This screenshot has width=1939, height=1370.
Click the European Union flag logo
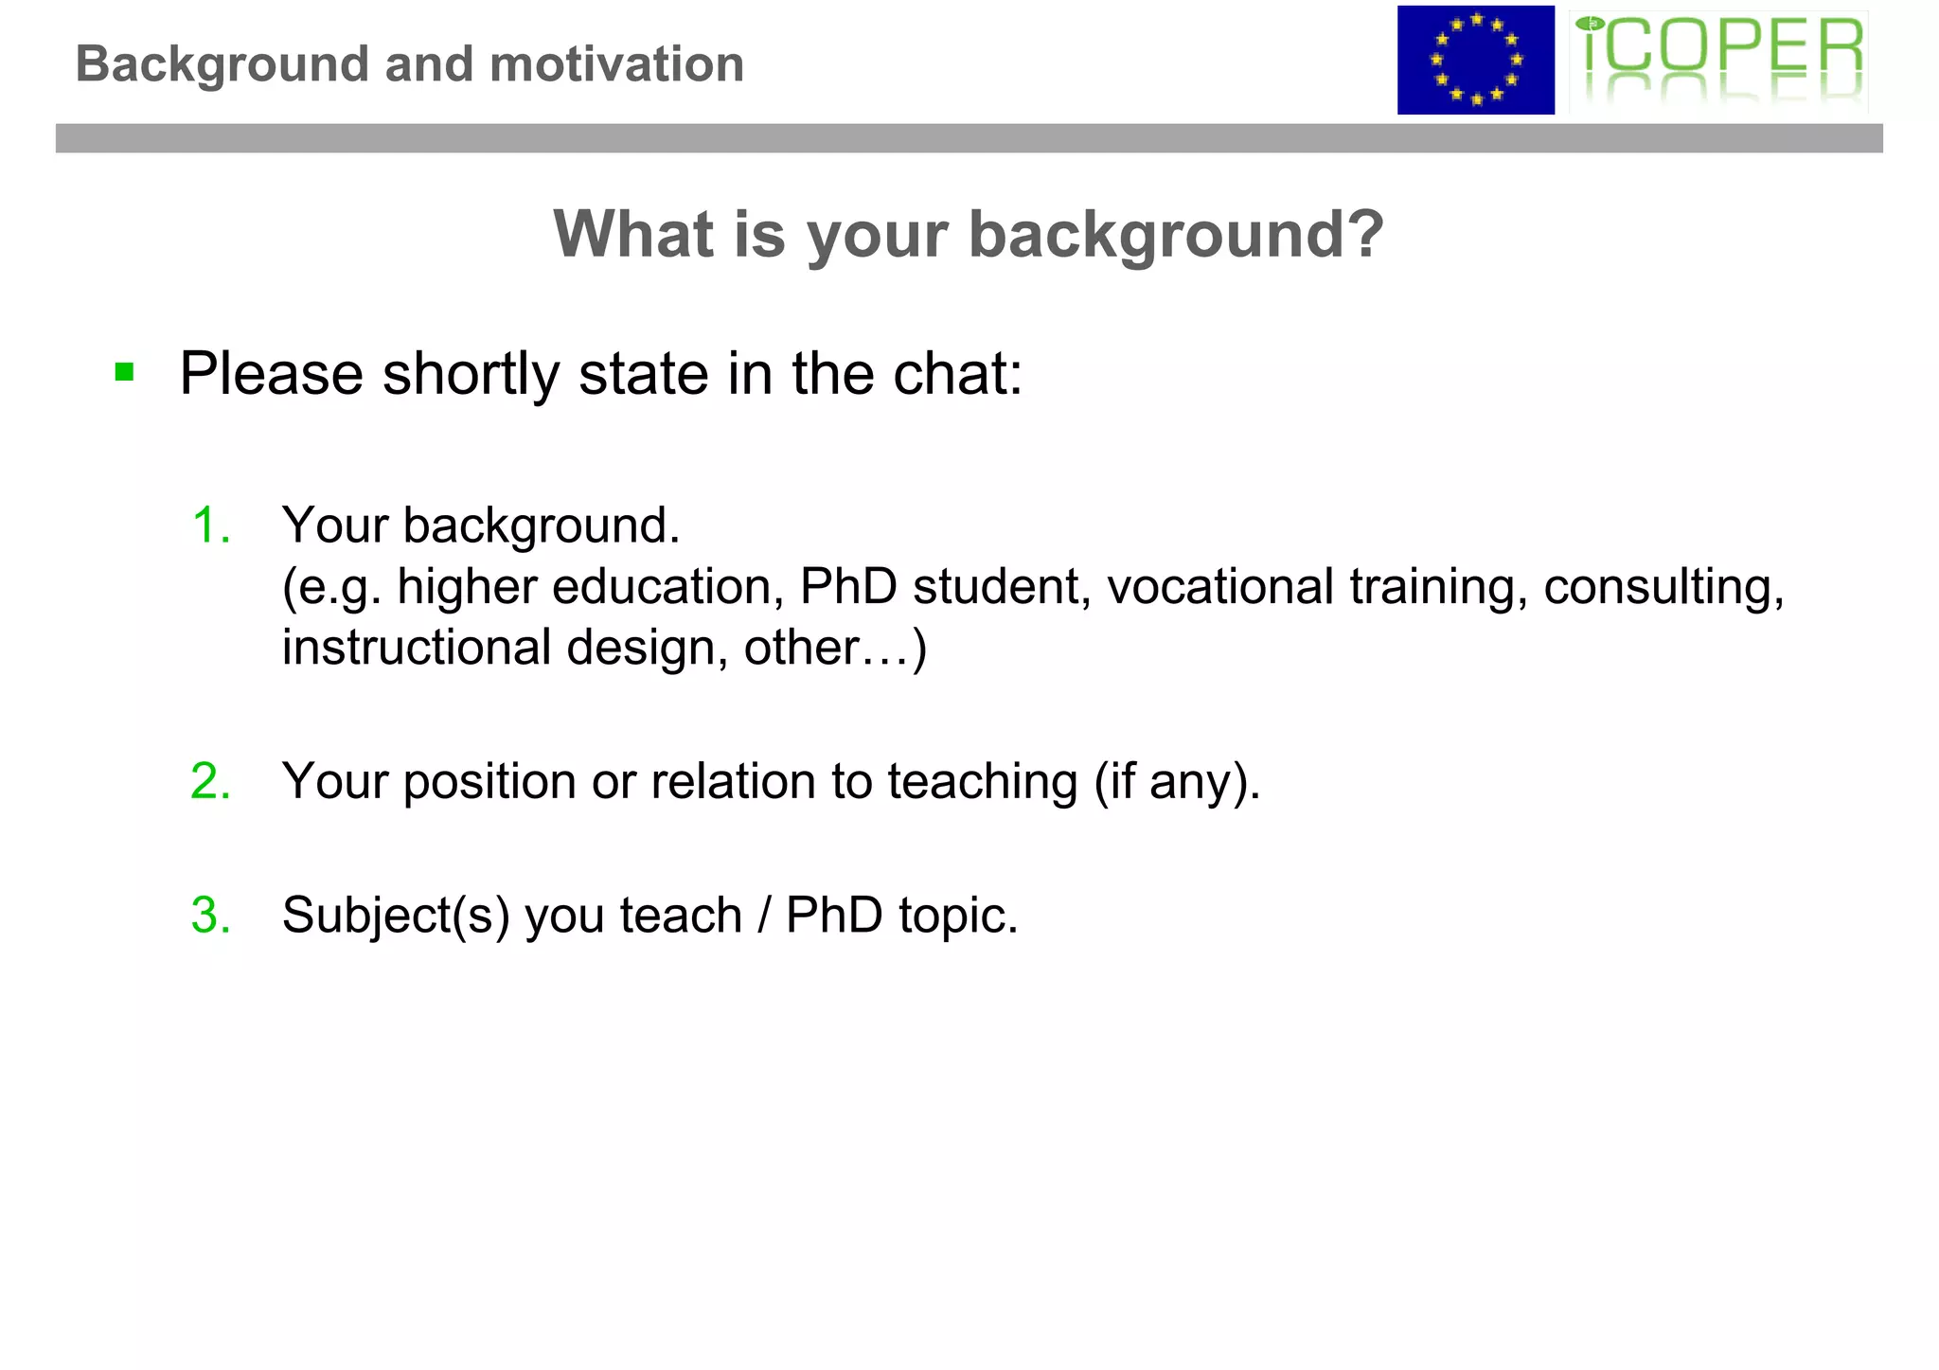click(x=1475, y=60)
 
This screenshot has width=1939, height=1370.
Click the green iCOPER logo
click(x=1718, y=60)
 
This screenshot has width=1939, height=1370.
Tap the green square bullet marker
click(x=124, y=371)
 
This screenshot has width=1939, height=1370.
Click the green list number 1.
click(x=210, y=525)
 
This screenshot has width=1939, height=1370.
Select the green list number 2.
click(x=210, y=781)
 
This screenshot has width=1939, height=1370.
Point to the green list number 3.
click(x=210, y=916)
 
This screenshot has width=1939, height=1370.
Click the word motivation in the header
click(x=616, y=64)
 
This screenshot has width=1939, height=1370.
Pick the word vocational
click(x=1219, y=586)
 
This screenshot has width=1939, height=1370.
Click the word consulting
click(x=1663, y=586)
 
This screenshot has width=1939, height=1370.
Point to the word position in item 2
click(x=489, y=782)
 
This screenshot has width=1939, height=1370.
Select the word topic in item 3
click(x=957, y=916)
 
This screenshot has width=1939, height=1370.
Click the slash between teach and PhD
click(x=763, y=916)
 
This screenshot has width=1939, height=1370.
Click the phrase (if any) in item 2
click(x=1177, y=782)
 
